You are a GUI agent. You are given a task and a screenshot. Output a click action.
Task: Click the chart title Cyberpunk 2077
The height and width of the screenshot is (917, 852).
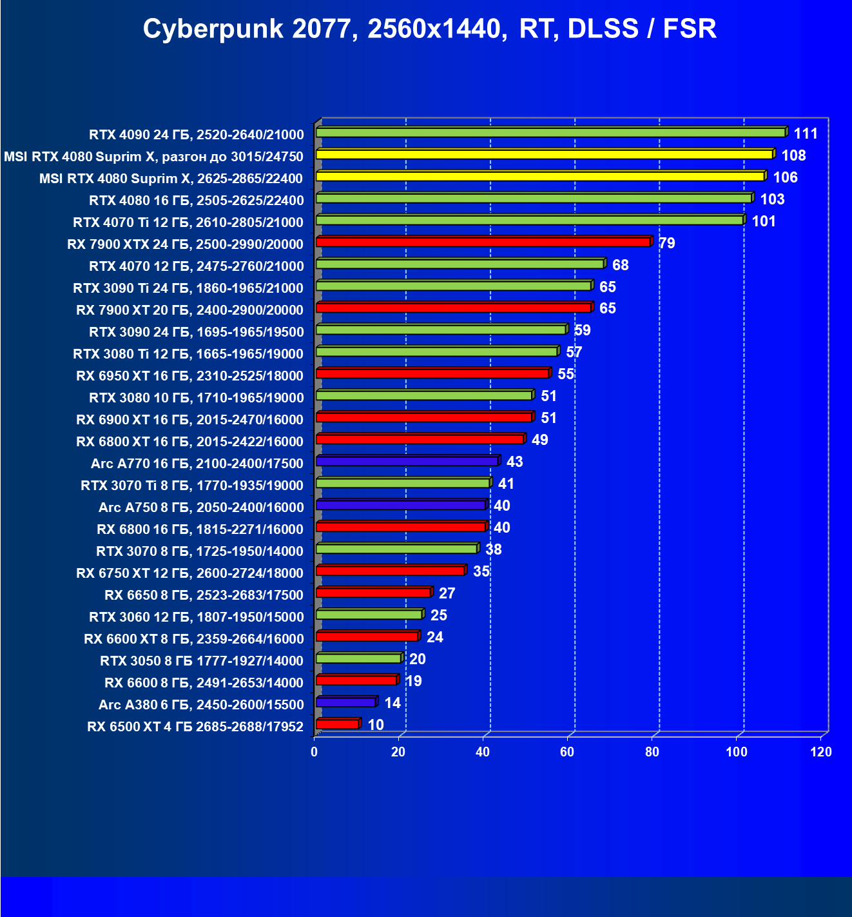coord(429,29)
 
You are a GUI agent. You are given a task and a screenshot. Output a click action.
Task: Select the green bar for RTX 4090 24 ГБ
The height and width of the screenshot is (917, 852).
coord(551,133)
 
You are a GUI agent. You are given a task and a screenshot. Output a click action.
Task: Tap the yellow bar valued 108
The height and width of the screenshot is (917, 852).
coord(545,155)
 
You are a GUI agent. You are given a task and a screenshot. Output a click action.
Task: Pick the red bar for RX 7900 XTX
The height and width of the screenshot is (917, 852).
coord(483,242)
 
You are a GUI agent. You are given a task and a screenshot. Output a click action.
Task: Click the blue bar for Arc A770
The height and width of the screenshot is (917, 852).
coord(407,461)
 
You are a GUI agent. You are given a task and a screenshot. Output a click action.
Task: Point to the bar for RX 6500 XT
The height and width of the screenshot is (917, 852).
coord(337,724)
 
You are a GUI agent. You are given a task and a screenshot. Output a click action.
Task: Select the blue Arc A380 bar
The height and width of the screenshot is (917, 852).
coord(346,702)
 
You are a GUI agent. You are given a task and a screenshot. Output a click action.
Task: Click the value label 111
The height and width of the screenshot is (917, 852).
coord(806,133)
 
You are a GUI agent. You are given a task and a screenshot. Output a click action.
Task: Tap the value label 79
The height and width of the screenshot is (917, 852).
coord(667,243)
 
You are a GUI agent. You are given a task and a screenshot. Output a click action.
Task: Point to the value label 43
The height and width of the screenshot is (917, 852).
coord(515,462)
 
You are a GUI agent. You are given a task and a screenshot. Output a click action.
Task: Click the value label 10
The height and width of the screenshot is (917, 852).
coord(376,725)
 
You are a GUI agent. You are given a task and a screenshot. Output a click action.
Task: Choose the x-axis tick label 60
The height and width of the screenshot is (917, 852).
coord(567,752)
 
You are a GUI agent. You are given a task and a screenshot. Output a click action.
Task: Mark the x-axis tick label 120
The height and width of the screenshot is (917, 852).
coord(821,752)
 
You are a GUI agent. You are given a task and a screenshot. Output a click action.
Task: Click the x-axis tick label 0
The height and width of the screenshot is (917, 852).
coord(314,752)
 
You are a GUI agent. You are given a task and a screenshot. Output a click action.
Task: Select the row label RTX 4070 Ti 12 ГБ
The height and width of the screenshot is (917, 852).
coord(188,222)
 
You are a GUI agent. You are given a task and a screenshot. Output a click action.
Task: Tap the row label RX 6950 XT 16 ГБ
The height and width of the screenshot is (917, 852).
coord(189,376)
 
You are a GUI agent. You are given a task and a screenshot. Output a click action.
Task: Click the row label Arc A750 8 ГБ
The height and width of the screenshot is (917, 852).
coord(201,508)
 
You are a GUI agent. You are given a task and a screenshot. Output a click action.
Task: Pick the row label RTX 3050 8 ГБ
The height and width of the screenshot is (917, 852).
coord(202,661)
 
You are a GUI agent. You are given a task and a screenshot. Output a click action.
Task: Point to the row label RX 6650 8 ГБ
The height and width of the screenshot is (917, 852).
coord(204,595)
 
